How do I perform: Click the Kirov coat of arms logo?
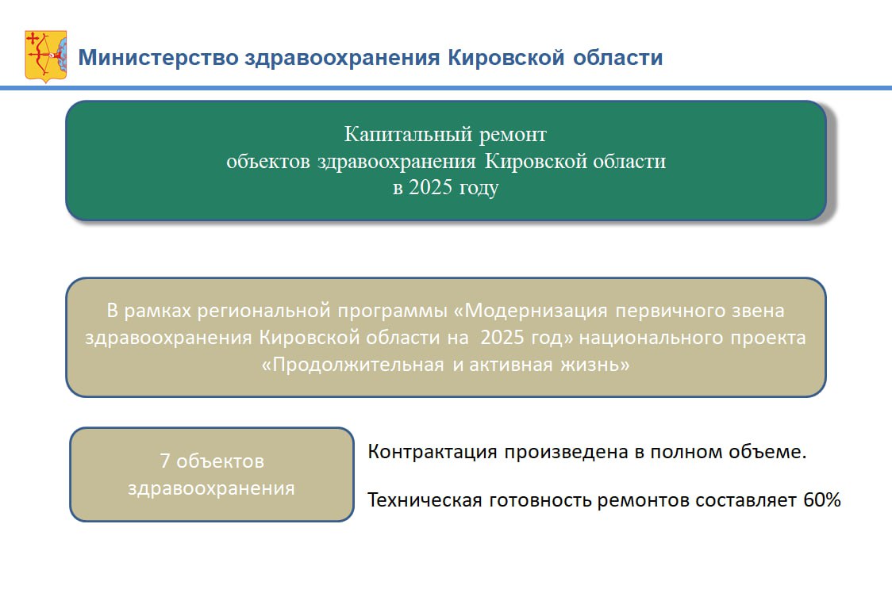coord(45,56)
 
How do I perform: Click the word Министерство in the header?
coord(158,58)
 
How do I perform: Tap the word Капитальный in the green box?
coord(408,135)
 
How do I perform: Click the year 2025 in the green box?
coord(431,187)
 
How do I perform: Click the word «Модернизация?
coord(531,311)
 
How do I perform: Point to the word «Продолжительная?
coord(352,365)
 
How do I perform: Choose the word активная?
coord(510,365)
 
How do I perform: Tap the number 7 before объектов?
coord(165,461)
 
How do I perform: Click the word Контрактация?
coord(433,453)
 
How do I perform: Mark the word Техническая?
coord(425,501)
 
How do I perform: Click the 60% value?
coord(822,500)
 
